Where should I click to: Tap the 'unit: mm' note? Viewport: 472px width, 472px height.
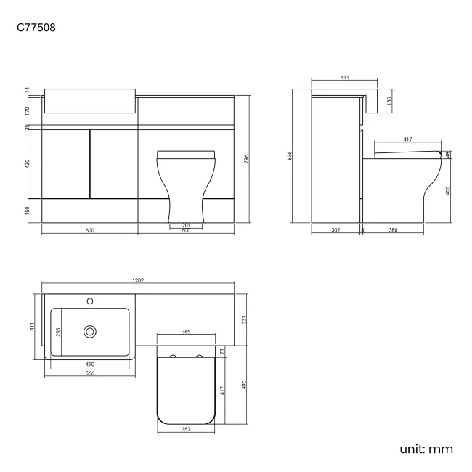(x=426, y=449)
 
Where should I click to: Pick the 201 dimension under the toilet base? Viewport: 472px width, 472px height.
(x=186, y=225)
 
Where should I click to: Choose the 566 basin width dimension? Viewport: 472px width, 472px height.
(x=90, y=373)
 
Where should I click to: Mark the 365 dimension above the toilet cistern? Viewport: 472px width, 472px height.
(x=186, y=331)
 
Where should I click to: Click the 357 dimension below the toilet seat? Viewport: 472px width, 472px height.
(x=186, y=429)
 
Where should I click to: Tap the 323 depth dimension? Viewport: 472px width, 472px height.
(x=245, y=317)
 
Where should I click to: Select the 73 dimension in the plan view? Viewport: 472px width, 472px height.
(x=223, y=351)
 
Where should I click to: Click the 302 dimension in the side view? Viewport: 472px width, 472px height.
(x=335, y=229)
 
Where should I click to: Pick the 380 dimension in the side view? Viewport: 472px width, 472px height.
(x=392, y=229)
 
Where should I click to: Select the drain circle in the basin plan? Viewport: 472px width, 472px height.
(x=90, y=331)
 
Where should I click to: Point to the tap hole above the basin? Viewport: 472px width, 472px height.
(x=90, y=299)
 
